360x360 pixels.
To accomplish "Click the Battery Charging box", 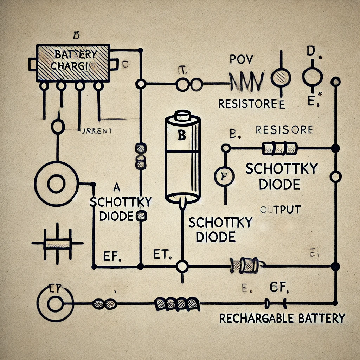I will [73, 62].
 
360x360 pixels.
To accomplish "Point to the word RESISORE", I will [284, 130].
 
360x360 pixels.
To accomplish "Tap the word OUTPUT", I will [280, 210].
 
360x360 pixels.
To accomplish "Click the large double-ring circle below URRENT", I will [56, 184].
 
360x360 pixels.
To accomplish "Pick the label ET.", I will [162, 254].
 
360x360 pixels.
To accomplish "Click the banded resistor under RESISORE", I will [279, 148].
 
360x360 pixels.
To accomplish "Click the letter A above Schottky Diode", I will [118, 186].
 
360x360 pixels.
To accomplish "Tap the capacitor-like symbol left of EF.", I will [57, 243].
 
